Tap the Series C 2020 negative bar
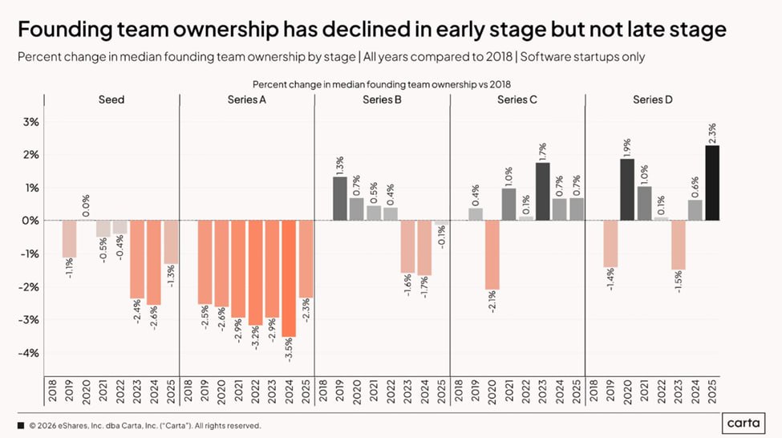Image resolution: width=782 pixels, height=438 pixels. [x=492, y=255]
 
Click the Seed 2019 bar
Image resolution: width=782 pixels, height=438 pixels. [x=69, y=239]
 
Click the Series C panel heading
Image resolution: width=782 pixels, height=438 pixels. [x=517, y=99]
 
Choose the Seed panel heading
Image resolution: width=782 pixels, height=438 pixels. [x=111, y=99]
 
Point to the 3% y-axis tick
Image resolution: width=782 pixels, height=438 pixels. [x=30, y=122]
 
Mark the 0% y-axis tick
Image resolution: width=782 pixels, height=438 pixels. [x=30, y=221]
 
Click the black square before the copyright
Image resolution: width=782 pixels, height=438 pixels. [x=21, y=425]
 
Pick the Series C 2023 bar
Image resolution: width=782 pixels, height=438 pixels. [x=543, y=192]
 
